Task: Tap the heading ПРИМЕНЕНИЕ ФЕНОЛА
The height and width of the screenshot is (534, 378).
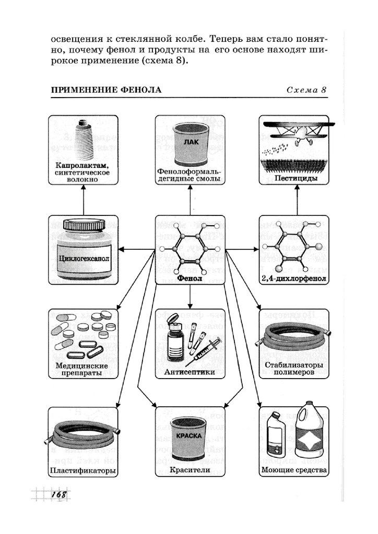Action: [x=106, y=90]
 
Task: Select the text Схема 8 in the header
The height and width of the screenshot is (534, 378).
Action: [x=306, y=90]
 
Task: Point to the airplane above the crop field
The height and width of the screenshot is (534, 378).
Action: [x=296, y=131]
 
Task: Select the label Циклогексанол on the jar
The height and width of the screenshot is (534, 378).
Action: [x=84, y=258]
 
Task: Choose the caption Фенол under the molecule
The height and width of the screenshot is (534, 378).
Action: [x=190, y=278]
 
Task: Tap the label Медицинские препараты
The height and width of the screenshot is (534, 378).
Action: [x=84, y=370]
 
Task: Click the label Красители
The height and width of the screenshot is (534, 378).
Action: [x=190, y=470]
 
